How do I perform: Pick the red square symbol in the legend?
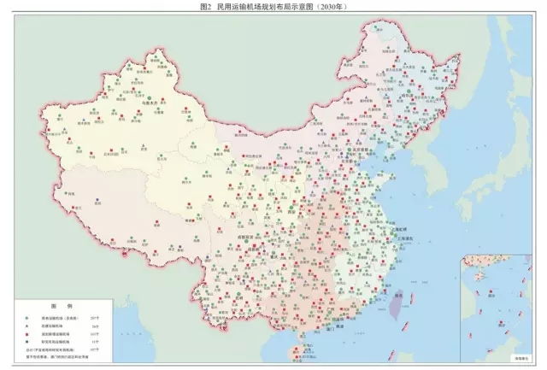(25, 333)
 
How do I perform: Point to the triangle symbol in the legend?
(25, 325)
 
